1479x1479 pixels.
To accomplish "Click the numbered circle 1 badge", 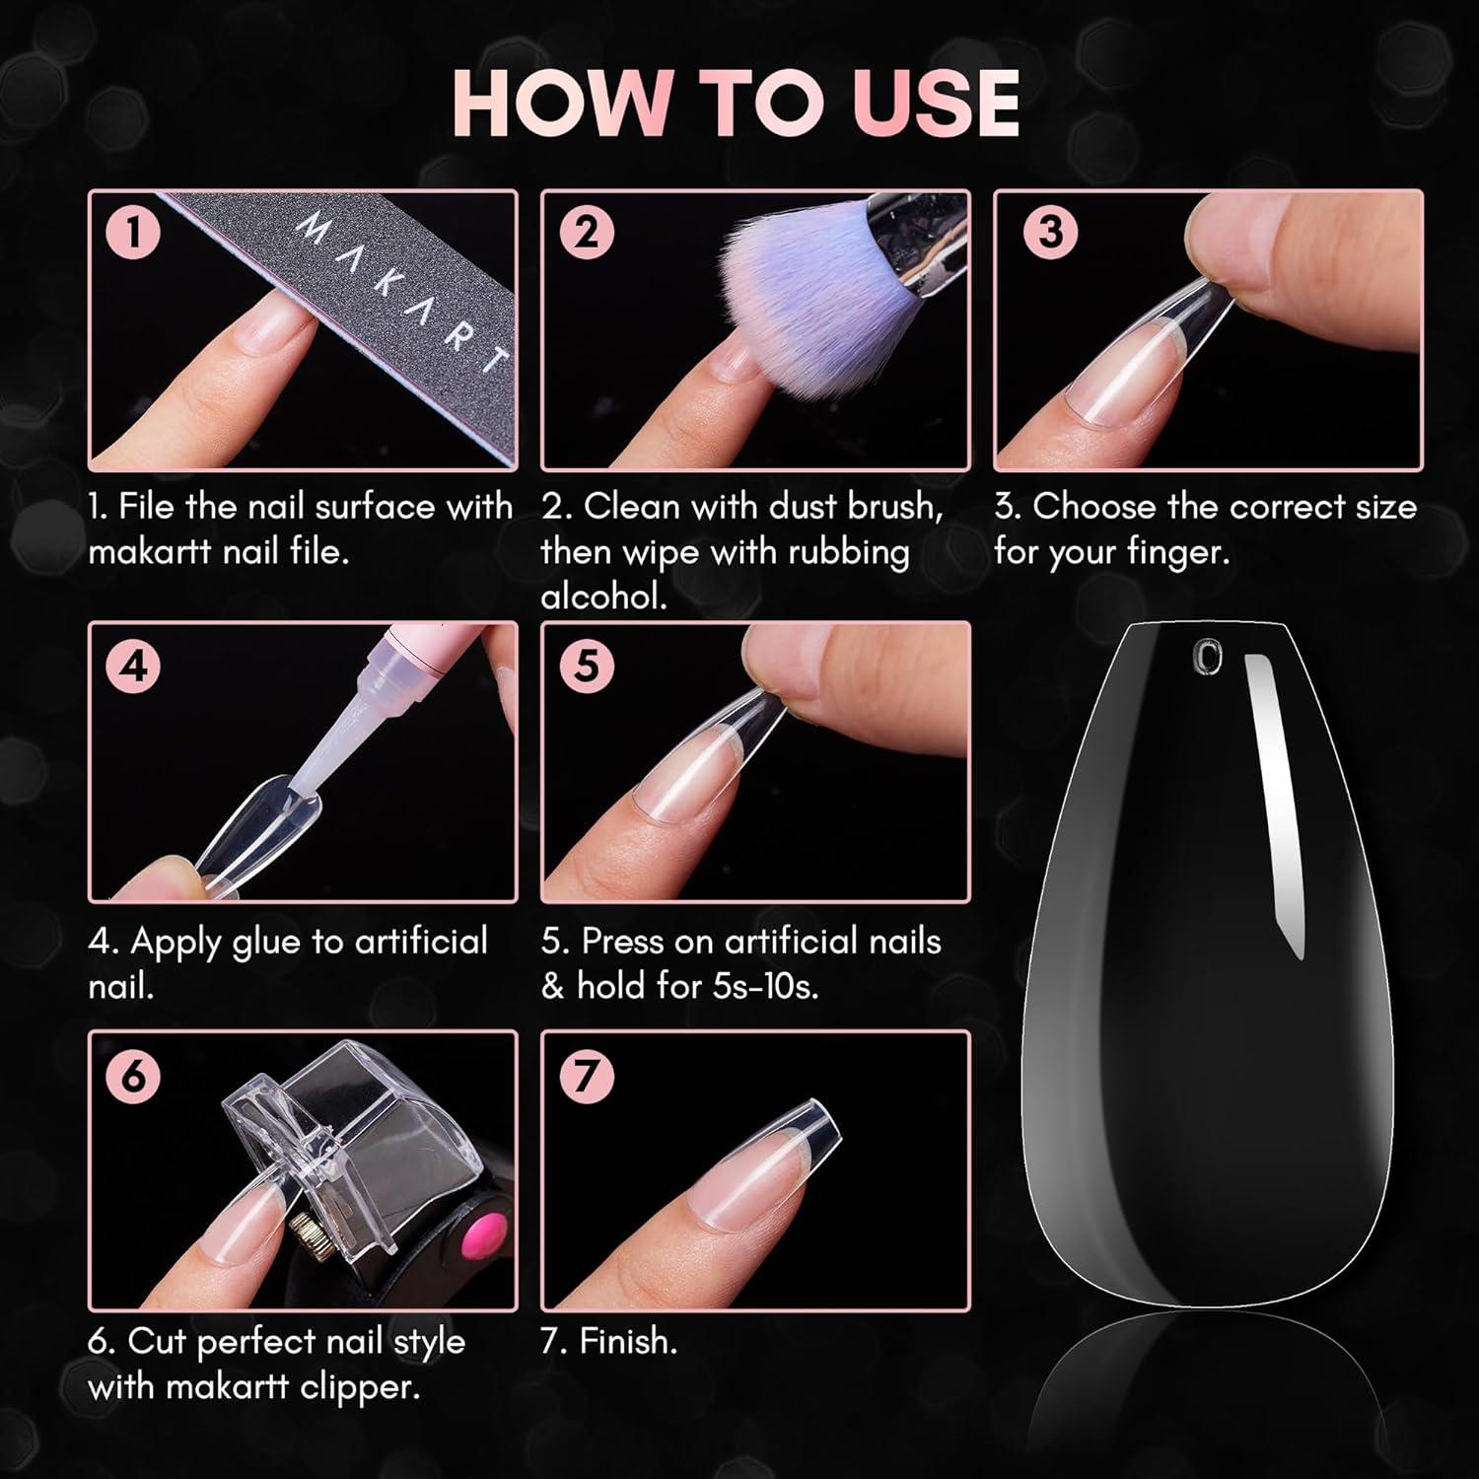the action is (132, 235).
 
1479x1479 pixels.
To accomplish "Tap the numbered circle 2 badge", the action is (586, 234).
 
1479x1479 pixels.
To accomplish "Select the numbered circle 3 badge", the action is (1050, 232).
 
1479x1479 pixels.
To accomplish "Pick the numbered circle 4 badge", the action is (133, 667).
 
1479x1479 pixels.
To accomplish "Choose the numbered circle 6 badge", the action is (132, 1076).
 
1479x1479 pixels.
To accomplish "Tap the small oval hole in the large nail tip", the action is (1206, 657).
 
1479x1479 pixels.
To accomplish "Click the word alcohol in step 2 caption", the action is (604, 597).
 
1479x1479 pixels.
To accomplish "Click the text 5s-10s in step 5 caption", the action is (763, 986).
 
